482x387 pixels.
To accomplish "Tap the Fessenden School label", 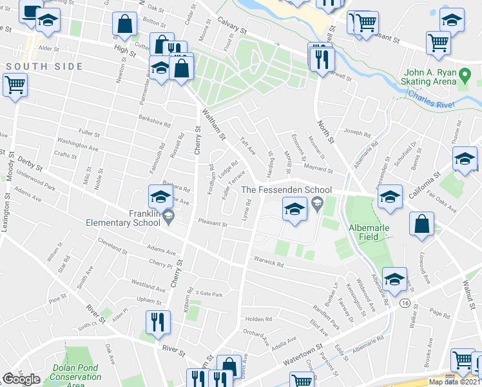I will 287,190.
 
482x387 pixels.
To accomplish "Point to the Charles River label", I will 431,99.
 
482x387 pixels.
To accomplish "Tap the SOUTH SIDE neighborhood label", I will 44,66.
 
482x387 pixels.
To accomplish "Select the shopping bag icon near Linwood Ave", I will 421,224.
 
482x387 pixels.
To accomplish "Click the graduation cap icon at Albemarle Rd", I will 395,279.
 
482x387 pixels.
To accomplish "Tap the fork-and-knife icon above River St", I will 158,321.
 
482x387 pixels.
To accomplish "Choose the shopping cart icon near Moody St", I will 15,84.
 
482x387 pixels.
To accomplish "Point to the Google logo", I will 22,379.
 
